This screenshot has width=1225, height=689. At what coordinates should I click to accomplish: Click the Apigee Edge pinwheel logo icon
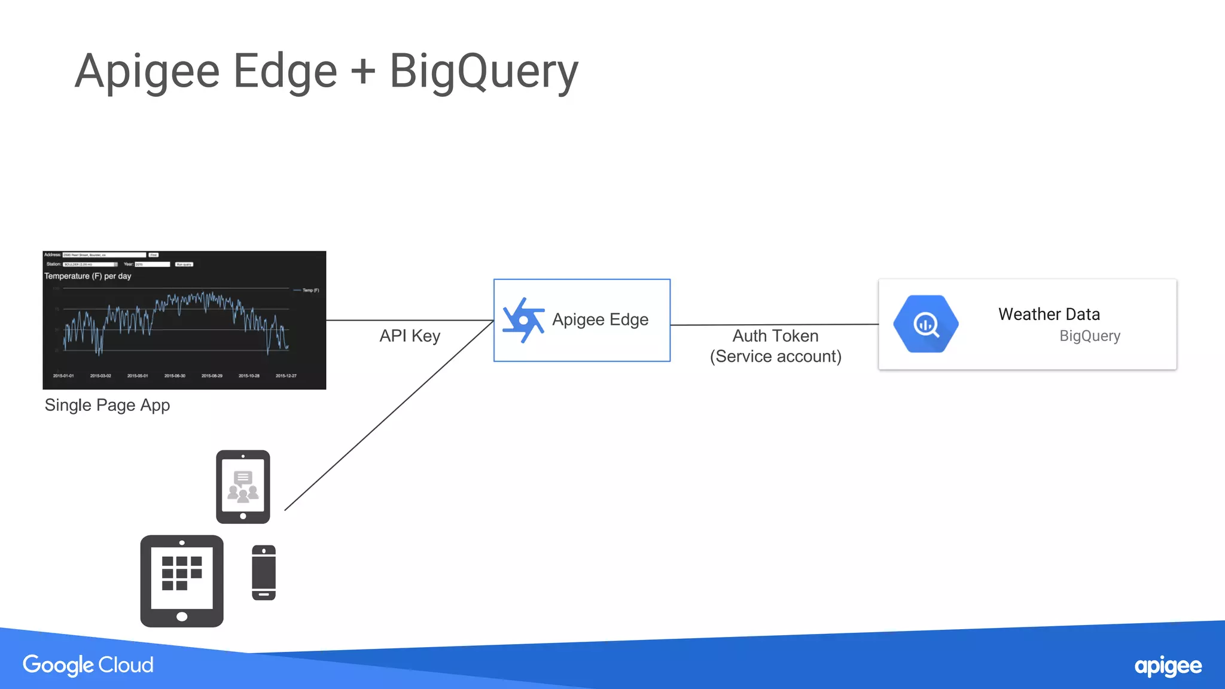point(523,320)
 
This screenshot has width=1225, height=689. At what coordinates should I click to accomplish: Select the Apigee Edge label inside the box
point(600,319)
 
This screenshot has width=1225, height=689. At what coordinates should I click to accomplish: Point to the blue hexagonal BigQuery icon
point(925,324)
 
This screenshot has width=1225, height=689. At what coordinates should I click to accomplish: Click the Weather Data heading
point(1049,314)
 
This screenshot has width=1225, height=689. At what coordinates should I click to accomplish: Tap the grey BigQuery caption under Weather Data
point(1089,336)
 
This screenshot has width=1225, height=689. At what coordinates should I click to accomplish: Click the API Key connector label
point(410,336)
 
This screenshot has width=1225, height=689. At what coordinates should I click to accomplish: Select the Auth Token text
point(775,336)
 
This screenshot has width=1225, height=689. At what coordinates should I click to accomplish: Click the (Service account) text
point(775,356)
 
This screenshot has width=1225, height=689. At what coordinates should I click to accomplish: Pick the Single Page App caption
point(107,405)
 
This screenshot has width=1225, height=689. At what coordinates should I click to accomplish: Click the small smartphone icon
point(264,572)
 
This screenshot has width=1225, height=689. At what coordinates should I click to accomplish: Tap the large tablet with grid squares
point(182,581)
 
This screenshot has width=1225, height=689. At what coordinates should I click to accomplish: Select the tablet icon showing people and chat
point(243,487)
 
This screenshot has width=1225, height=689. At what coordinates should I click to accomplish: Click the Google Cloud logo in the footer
point(88,665)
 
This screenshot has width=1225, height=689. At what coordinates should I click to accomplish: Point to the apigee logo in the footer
point(1168,666)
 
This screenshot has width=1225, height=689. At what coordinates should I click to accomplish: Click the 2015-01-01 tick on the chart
point(63,376)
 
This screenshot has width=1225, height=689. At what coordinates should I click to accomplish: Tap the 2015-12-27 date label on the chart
point(286,376)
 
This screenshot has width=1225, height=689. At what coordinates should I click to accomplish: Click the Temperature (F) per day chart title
point(87,276)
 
